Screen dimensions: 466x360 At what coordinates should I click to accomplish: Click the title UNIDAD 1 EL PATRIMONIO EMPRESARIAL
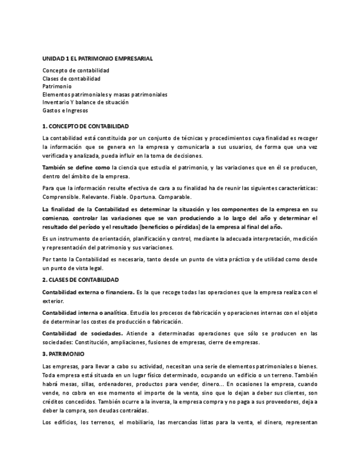97,58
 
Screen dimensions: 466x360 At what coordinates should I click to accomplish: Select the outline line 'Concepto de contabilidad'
76,70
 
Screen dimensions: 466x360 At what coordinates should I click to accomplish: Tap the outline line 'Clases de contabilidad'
71,79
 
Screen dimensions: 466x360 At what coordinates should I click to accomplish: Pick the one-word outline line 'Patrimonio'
57,86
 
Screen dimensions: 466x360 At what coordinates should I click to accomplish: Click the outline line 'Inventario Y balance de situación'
85,102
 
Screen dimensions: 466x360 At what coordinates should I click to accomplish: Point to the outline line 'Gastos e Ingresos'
65,110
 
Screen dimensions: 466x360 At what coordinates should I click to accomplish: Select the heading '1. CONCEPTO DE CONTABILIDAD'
85,126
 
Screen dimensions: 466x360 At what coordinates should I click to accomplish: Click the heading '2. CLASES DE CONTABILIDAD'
80,280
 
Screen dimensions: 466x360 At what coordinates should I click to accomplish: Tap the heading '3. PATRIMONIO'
63,354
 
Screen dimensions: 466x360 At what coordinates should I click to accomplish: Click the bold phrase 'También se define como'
76,167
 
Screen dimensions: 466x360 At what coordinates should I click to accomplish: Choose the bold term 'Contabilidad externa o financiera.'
88,292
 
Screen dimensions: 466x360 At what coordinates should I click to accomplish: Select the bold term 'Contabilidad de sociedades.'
82,334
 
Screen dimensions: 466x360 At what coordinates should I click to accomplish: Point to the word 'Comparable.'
176,197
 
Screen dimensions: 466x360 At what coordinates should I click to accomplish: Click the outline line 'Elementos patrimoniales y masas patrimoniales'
105,95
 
